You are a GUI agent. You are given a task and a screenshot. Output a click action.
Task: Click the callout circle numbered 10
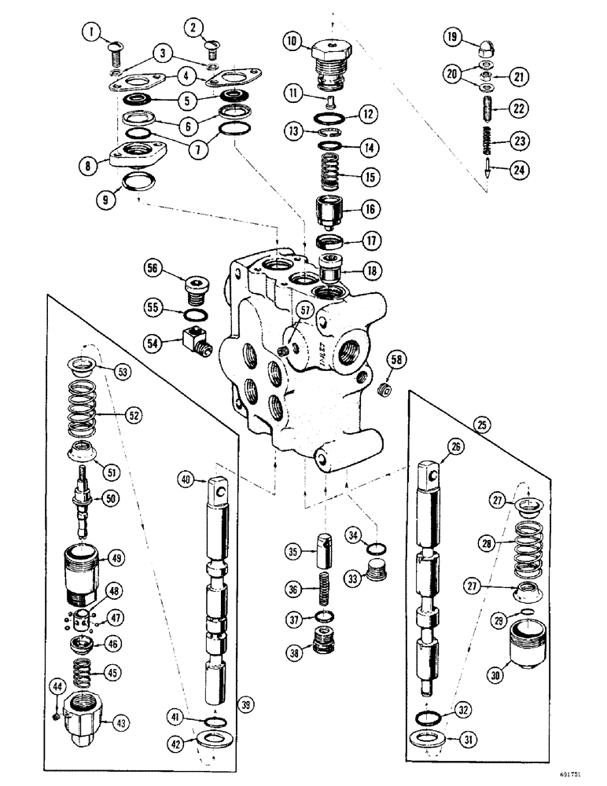(x=293, y=42)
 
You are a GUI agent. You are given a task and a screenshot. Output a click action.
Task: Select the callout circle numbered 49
(x=116, y=559)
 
